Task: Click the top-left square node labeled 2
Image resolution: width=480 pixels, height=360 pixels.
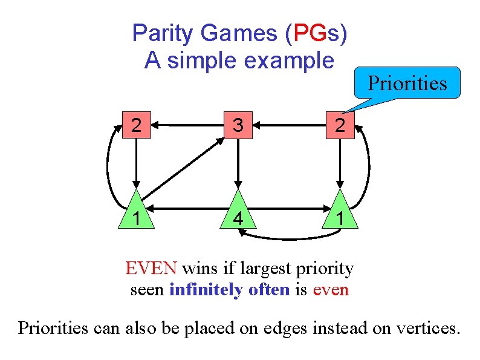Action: pyautogui.click(x=137, y=126)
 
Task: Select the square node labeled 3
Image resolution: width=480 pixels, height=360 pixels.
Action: pyautogui.click(x=239, y=126)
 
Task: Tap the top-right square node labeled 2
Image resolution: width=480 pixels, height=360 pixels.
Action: pyautogui.click(x=341, y=126)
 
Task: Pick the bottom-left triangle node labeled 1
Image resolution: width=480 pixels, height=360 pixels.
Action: pyautogui.click(x=137, y=214)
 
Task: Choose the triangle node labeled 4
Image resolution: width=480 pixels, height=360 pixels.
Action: pyautogui.click(x=239, y=214)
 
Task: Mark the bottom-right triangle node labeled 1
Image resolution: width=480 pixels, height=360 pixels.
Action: pyautogui.click(x=341, y=214)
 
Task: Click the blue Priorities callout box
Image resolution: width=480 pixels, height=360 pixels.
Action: pyautogui.click(x=407, y=83)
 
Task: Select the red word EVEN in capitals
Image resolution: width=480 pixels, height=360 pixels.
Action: pyautogui.click(x=151, y=267)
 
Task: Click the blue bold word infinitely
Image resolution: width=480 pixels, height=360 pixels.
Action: pyautogui.click(x=230, y=289)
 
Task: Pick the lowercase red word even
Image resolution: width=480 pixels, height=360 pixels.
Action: pyautogui.click(x=331, y=289)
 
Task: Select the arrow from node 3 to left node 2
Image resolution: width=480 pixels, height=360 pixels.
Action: pyautogui.click(x=187, y=126)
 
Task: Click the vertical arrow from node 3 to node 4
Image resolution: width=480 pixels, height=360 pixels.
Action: pyautogui.click(x=239, y=163)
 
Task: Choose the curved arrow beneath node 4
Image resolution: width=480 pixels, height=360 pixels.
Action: pyautogui.click(x=288, y=236)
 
